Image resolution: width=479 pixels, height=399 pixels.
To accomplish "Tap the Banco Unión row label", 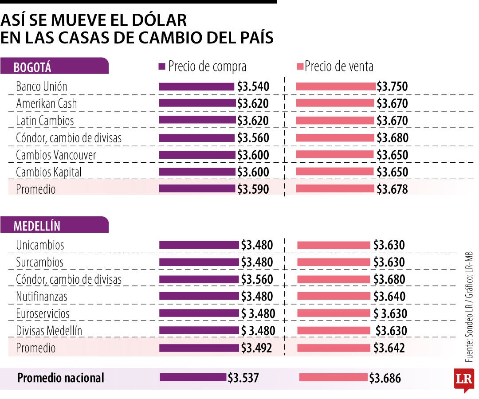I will point(41,86).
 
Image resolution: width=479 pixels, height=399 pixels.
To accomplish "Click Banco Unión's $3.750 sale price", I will point(392,86).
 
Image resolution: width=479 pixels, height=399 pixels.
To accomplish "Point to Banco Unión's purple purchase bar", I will point(196,86).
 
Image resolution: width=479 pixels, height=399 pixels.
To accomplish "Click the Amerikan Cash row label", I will point(46,103).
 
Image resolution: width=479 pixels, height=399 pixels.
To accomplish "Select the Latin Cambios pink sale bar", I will point(335,121).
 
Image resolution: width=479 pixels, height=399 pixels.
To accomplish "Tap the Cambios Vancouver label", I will point(56,155).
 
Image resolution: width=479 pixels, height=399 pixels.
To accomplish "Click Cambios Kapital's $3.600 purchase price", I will point(253,172).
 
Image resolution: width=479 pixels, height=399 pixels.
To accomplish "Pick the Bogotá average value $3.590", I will point(253,189).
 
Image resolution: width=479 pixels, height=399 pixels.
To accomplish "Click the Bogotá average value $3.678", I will point(392,189).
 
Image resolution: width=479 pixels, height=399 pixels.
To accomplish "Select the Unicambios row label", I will point(40,245).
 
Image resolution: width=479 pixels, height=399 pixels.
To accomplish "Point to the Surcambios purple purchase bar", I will point(199,262).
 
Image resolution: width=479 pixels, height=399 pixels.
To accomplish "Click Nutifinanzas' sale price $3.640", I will point(389,296).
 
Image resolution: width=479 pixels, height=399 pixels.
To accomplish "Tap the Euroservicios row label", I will point(43,313).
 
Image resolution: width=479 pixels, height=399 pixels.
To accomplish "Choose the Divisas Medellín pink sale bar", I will point(334,331).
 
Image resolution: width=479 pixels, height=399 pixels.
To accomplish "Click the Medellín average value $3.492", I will point(257,348).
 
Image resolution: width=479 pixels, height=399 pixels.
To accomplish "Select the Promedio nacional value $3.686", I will point(385,378).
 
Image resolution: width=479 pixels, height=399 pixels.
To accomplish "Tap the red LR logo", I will point(463,379).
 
